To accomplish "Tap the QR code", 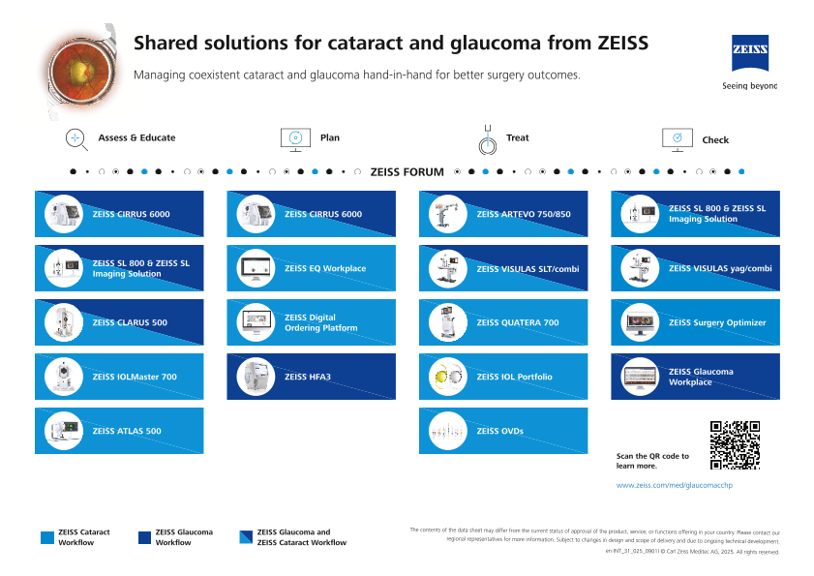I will click(x=735, y=445).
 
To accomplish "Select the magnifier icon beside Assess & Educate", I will click(x=76, y=138).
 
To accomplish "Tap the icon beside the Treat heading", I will click(x=486, y=140).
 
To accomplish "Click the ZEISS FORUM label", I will click(x=407, y=172).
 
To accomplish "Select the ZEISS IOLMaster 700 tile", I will click(x=119, y=377).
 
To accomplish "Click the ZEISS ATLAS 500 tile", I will click(x=119, y=431).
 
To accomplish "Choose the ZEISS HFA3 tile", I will click(x=311, y=377).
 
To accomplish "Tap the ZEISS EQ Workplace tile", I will click(x=311, y=268).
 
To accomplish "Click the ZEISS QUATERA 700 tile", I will click(x=502, y=322).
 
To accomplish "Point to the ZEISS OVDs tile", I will click(x=502, y=431).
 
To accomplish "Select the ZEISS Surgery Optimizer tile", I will click(x=695, y=322).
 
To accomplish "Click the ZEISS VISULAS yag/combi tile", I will click(x=695, y=268).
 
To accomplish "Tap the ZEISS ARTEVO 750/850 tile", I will click(x=502, y=214).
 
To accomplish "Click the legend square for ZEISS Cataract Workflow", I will click(x=47, y=537).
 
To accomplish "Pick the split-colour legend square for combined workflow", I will click(x=246, y=537).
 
